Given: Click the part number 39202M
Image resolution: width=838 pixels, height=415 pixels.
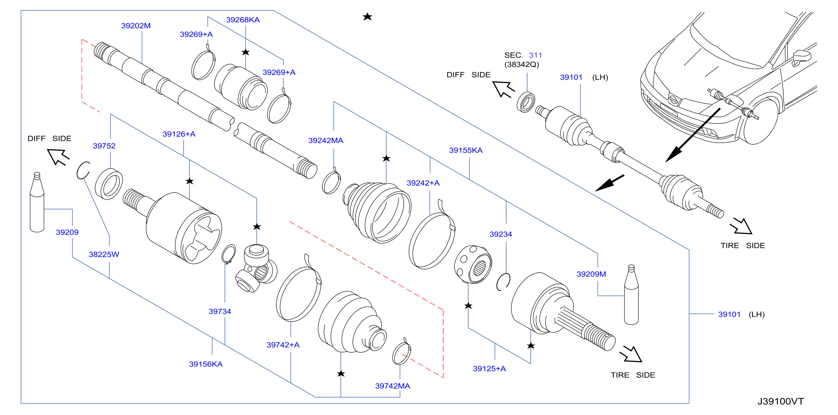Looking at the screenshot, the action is point(136,26).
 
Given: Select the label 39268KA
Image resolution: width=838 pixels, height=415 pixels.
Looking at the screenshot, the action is point(243,20).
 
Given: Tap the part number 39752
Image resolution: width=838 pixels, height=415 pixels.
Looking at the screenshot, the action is point(104,146).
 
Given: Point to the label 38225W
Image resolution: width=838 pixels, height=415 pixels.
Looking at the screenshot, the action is point(104,254).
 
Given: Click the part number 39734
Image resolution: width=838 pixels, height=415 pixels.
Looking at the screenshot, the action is point(220,312).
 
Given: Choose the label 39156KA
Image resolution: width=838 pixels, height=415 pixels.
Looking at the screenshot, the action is point(206,364).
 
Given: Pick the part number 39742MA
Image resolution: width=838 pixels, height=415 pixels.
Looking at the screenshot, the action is point(392,386).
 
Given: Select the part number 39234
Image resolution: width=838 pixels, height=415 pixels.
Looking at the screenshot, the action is point(501,234).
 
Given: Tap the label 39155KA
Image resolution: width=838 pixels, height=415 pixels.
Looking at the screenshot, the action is point(466,150).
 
